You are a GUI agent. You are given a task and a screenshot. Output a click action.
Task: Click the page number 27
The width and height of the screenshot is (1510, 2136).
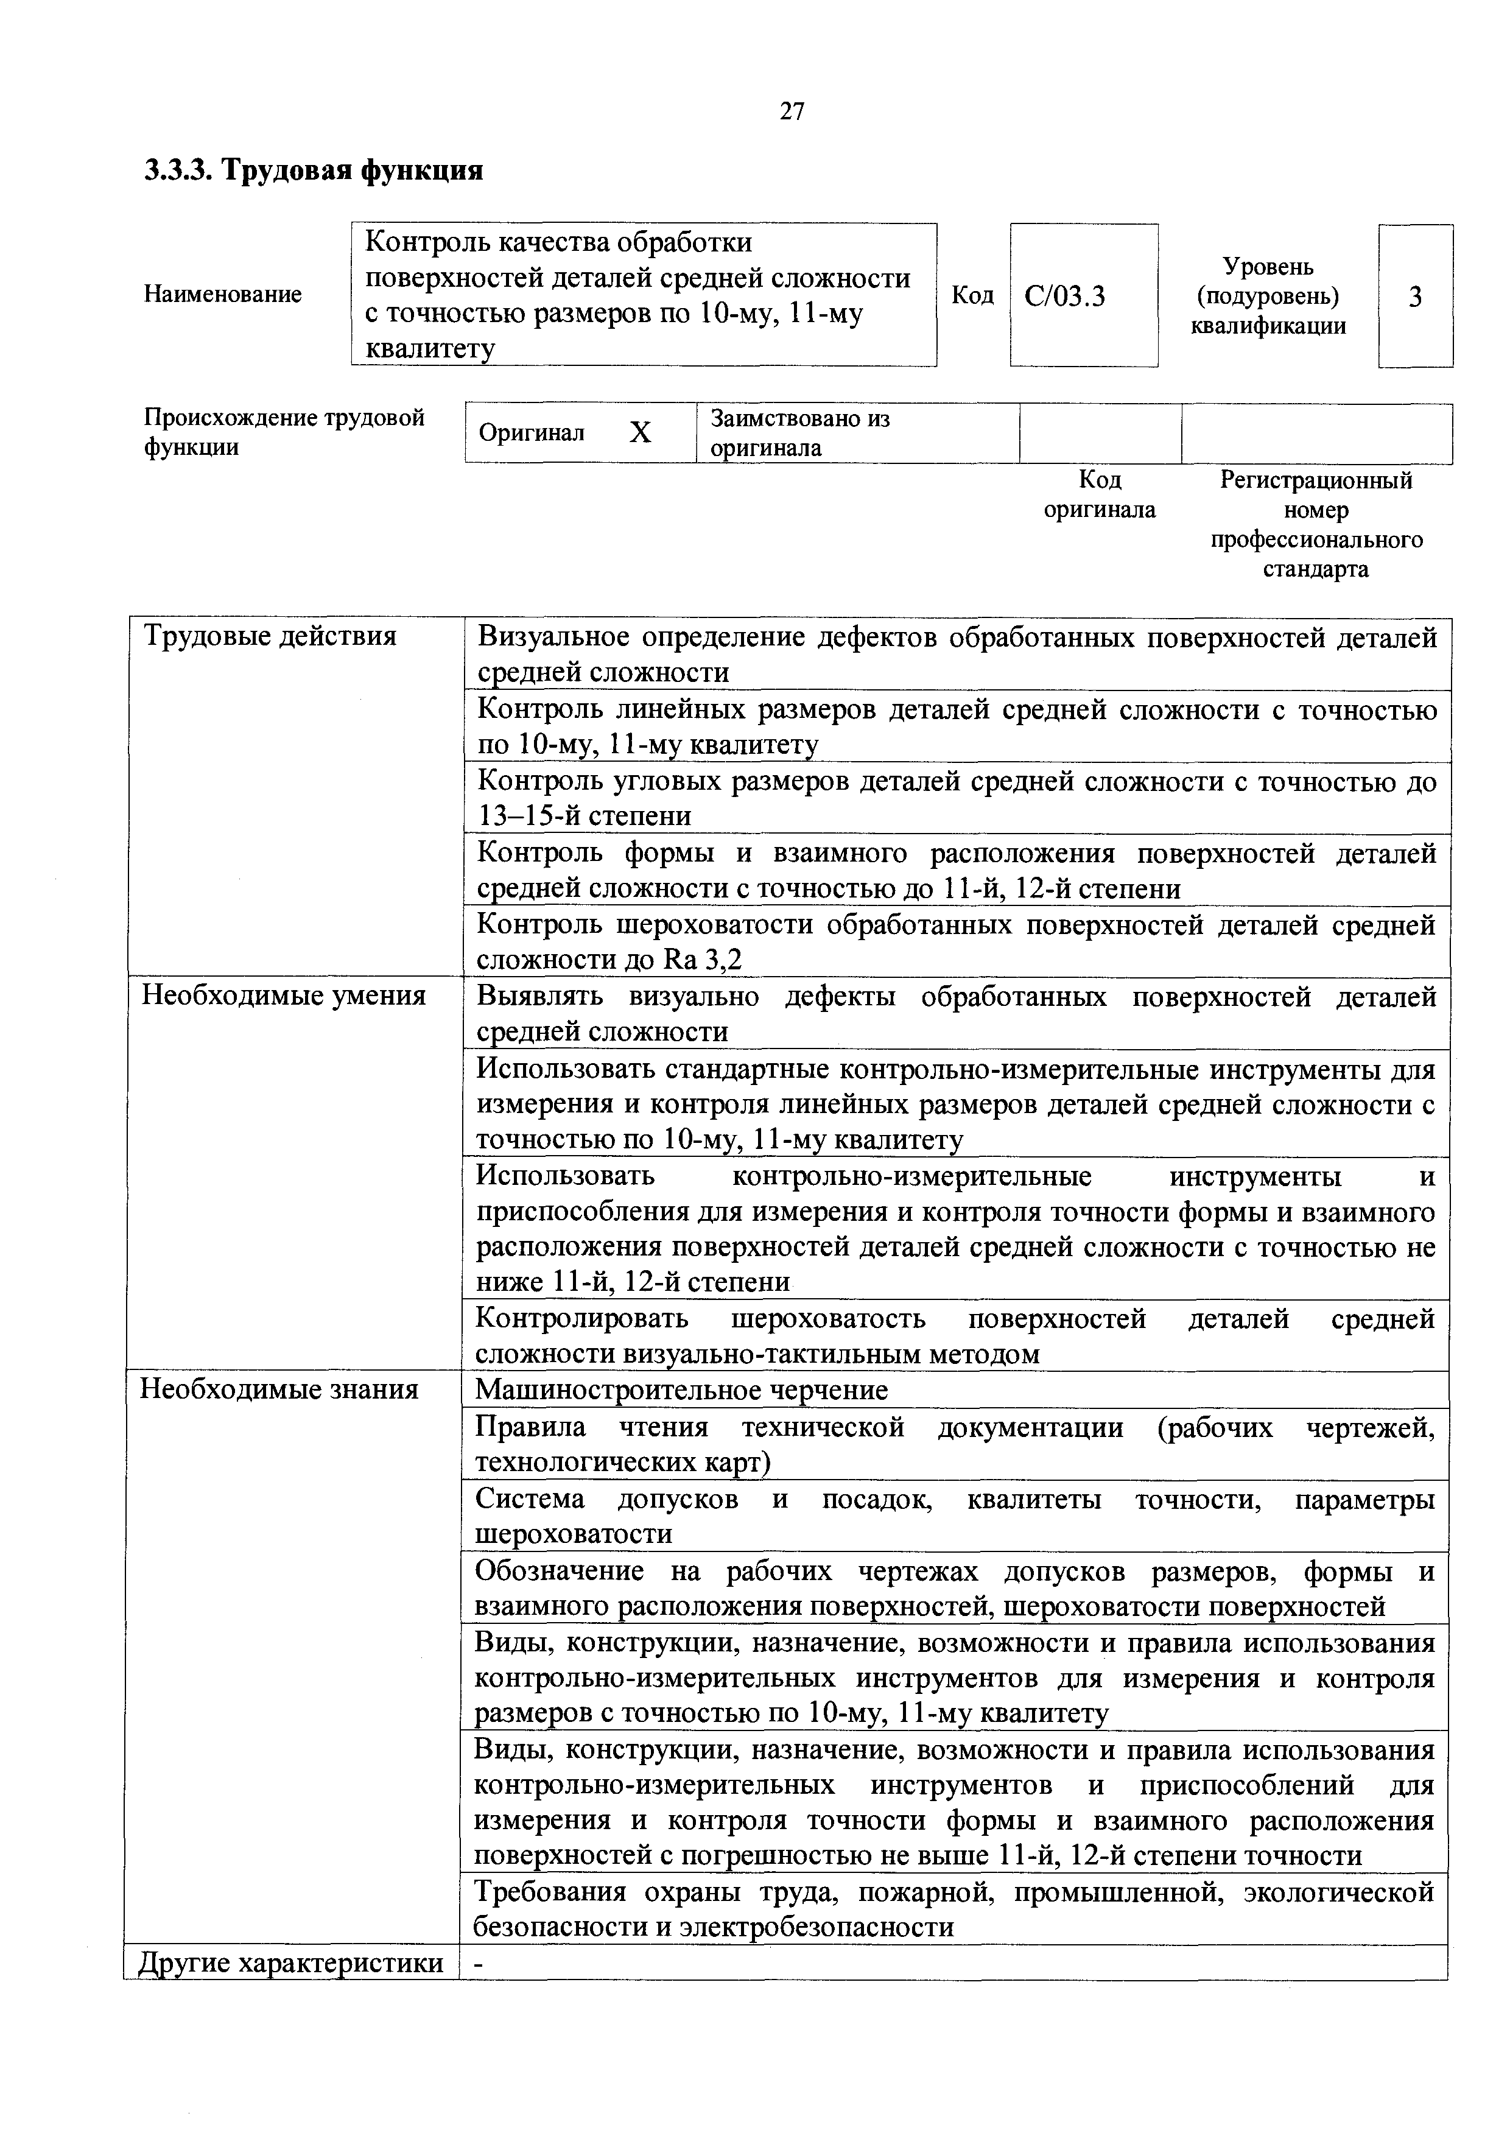(x=792, y=111)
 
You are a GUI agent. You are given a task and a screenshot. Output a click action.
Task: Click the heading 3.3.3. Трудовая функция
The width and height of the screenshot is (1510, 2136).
(x=314, y=171)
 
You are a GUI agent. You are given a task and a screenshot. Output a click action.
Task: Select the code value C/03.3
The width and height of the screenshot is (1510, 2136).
(x=1066, y=297)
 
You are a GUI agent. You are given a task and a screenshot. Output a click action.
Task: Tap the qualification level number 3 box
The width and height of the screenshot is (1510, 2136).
(x=1415, y=297)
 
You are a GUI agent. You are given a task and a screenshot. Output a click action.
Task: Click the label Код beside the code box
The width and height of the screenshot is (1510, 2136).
(x=972, y=295)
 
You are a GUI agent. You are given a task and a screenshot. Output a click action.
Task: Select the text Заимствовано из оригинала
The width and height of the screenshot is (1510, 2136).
(x=800, y=432)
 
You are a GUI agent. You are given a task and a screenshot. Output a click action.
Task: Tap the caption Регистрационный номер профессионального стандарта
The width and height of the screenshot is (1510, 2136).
(x=1316, y=525)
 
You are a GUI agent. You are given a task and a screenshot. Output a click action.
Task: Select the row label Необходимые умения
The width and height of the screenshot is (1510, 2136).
(x=283, y=996)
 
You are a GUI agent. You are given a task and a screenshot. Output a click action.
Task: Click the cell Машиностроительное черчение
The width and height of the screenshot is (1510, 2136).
(x=681, y=1390)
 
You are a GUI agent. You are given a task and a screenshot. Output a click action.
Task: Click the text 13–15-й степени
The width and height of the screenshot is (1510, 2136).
(x=585, y=816)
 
